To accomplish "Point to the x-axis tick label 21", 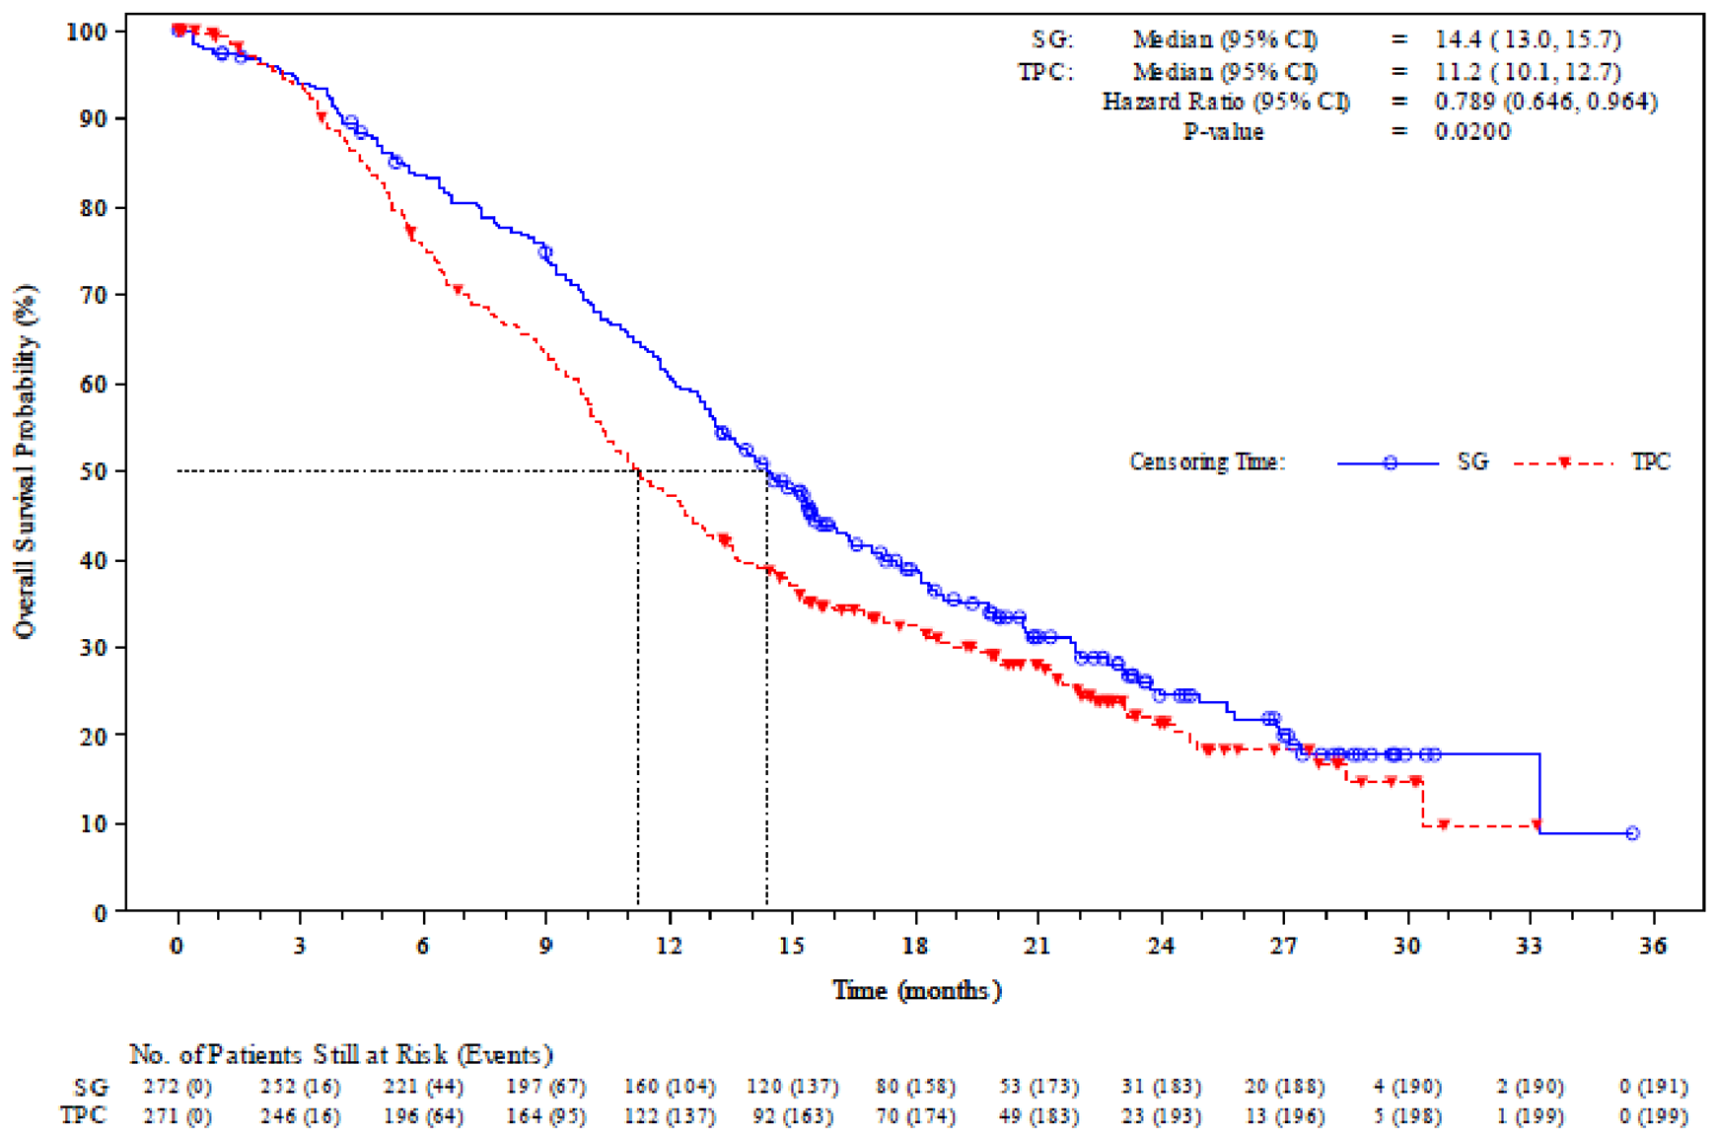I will point(1037,946).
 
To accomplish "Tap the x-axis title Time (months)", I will point(916,990).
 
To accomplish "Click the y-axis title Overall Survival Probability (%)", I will point(26,461).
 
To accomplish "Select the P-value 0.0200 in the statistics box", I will point(1472,132).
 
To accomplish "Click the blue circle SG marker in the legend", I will point(1390,462).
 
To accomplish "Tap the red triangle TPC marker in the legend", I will point(1564,462).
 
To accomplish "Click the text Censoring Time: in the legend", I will point(1207,462).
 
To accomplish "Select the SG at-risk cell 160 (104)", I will point(670,1087).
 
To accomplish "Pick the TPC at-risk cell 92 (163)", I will point(793,1116).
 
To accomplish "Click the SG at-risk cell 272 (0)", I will point(178,1087).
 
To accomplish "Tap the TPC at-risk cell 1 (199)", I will point(1530,1116).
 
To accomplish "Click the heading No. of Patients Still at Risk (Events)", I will point(341,1054).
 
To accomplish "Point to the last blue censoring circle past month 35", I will point(1632,833).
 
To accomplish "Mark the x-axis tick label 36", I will point(1653,946).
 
